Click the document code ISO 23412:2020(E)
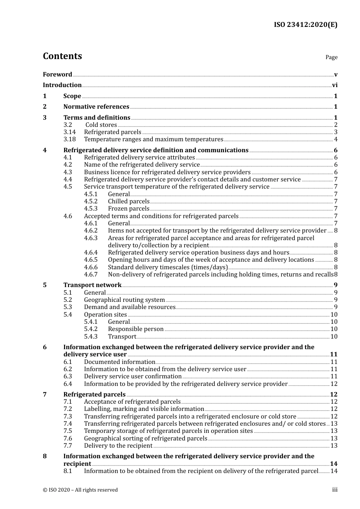pos(305,25)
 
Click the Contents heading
pos(62,56)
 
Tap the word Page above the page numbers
pos(331,57)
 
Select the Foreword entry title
pos(57,75)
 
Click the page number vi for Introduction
pos(335,85)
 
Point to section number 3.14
pos(69,132)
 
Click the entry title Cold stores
pos(101,125)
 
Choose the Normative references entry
pos(96,107)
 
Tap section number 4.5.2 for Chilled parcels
pos(91,201)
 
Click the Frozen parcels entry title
pos(128,209)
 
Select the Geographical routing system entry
pos(124,300)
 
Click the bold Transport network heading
pos(92,285)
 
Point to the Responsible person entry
pos(136,329)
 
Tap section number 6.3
pos(67,376)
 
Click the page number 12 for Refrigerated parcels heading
pos(333,395)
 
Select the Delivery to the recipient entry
pos(118,446)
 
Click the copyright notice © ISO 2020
pos(80,490)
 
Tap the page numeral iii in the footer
pos(335,490)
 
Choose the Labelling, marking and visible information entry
pos(144,409)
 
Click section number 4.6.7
pos(91,275)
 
